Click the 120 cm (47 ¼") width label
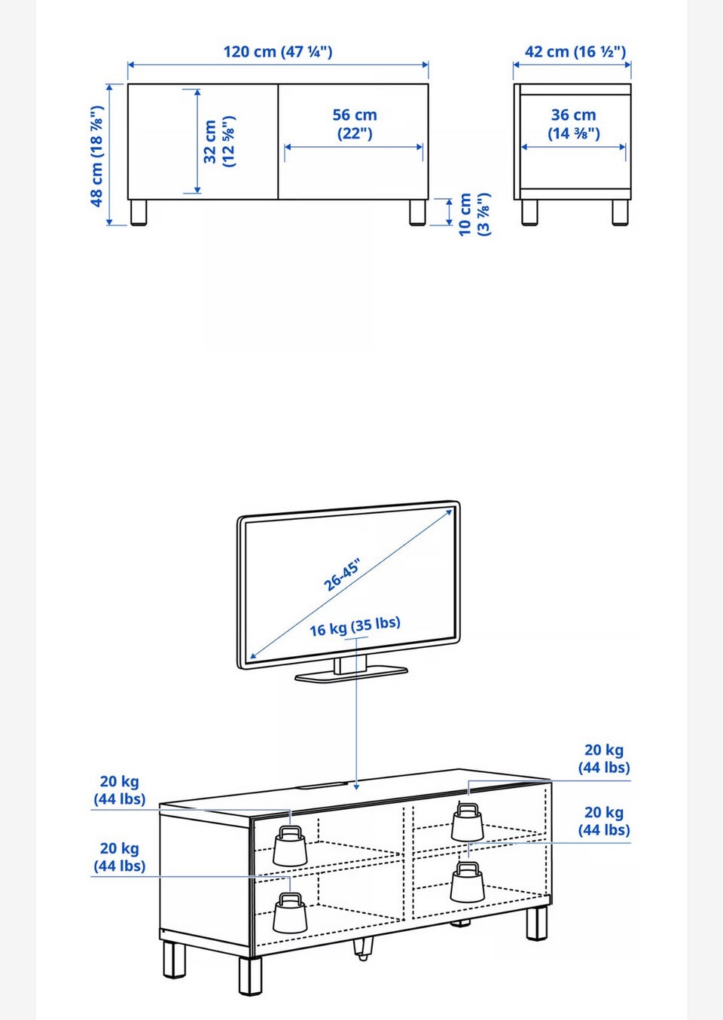click(278, 51)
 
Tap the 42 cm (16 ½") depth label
click(575, 51)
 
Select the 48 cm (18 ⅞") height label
click(97, 156)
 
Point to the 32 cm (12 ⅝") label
click(219, 142)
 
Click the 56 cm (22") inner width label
click(355, 124)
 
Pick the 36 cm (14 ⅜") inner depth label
click(574, 124)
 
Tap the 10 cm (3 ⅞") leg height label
click(474, 215)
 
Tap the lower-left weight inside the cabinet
click(290, 912)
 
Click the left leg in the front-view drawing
click(139, 212)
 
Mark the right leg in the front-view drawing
click(417, 212)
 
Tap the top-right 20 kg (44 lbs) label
click(604, 759)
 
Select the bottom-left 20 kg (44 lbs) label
click(119, 857)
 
